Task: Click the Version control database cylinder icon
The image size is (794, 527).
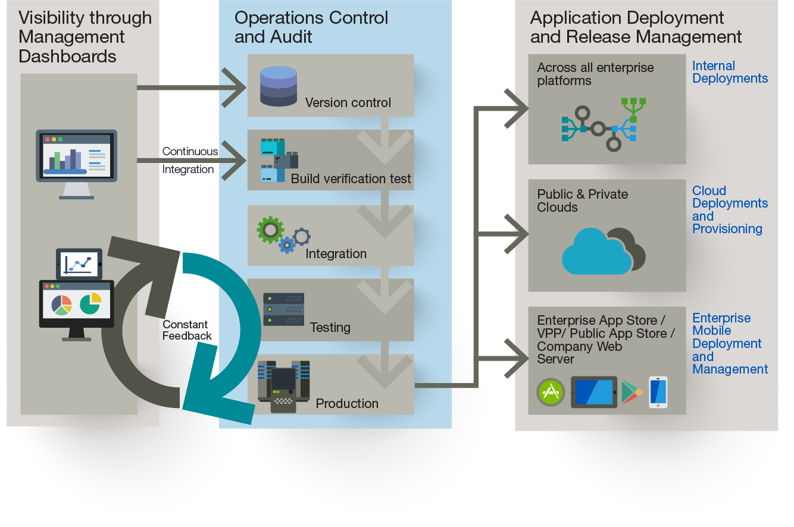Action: pyautogui.click(x=279, y=86)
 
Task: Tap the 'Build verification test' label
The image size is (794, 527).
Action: pyautogui.click(x=351, y=179)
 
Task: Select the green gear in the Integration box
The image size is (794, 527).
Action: pyautogui.click(x=270, y=230)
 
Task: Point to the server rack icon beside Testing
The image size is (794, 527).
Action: pyautogui.click(x=283, y=309)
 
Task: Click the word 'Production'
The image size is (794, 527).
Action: pyautogui.click(x=347, y=403)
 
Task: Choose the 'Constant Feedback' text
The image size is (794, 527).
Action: pyautogui.click(x=187, y=330)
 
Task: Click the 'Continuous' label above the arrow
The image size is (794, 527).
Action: pyautogui.click(x=190, y=151)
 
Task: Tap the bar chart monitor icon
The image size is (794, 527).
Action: pyautogui.click(x=77, y=164)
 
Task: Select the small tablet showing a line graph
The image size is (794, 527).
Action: pyautogui.click(x=79, y=264)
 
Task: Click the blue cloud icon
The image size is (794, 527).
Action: pyautogui.click(x=597, y=252)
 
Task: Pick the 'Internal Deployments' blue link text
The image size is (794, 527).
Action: pyautogui.click(x=730, y=72)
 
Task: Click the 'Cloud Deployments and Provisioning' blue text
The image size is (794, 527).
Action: pyautogui.click(x=730, y=209)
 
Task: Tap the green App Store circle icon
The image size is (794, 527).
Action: pyautogui.click(x=551, y=392)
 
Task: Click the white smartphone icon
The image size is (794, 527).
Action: pyautogui.click(x=658, y=392)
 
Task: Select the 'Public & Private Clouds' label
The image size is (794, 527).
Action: pyautogui.click(x=582, y=200)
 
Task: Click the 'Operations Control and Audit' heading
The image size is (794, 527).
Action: pyautogui.click(x=311, y=27)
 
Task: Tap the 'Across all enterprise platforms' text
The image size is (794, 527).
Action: pyautogui.click(x=595, y=74)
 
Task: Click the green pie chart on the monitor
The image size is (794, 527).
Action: pyautogui.click(x=90, y=303)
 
